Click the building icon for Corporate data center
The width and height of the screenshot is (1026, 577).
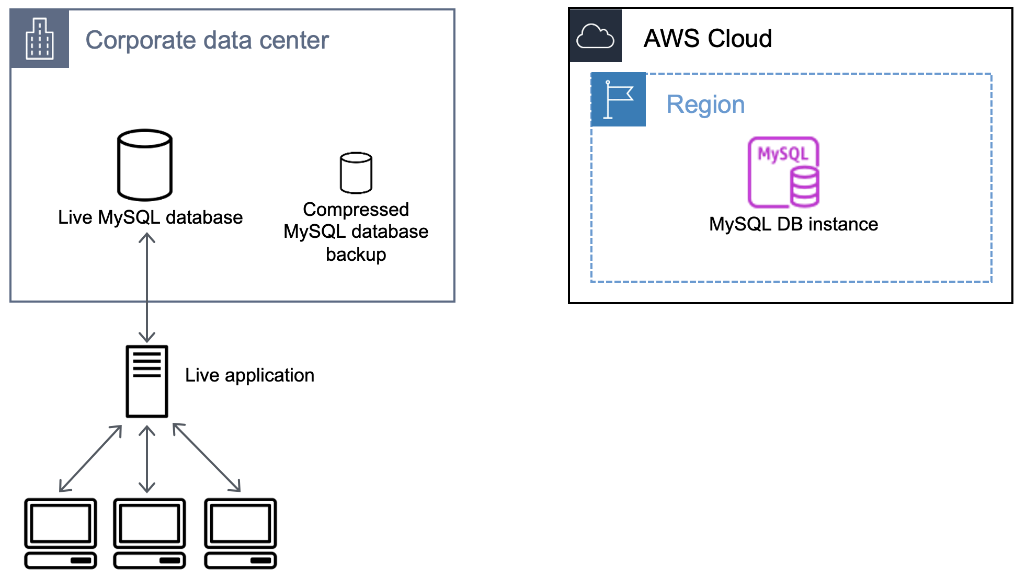40,39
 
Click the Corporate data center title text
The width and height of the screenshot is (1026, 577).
207,40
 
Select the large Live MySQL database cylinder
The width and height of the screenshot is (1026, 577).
145,165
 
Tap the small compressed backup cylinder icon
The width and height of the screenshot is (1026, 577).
356,173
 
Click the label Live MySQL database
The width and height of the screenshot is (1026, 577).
150,217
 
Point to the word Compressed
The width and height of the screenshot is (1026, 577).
356,210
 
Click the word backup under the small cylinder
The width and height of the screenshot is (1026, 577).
356,255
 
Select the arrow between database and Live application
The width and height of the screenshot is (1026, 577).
147,287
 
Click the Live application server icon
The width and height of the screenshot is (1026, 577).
147,381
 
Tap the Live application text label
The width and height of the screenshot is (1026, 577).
249,375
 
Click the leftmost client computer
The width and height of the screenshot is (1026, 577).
61,533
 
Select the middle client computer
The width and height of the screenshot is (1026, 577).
150,533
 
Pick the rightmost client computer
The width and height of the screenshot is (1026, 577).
241,533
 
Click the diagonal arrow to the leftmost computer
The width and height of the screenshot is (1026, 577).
90,458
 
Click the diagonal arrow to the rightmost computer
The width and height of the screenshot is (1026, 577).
207,457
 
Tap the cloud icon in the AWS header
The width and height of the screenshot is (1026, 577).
595,37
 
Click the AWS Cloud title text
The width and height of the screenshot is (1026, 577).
707,39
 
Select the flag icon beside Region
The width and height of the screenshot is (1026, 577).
618,99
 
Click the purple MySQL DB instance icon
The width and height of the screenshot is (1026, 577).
783,172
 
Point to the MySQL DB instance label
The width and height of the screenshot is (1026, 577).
793,224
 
